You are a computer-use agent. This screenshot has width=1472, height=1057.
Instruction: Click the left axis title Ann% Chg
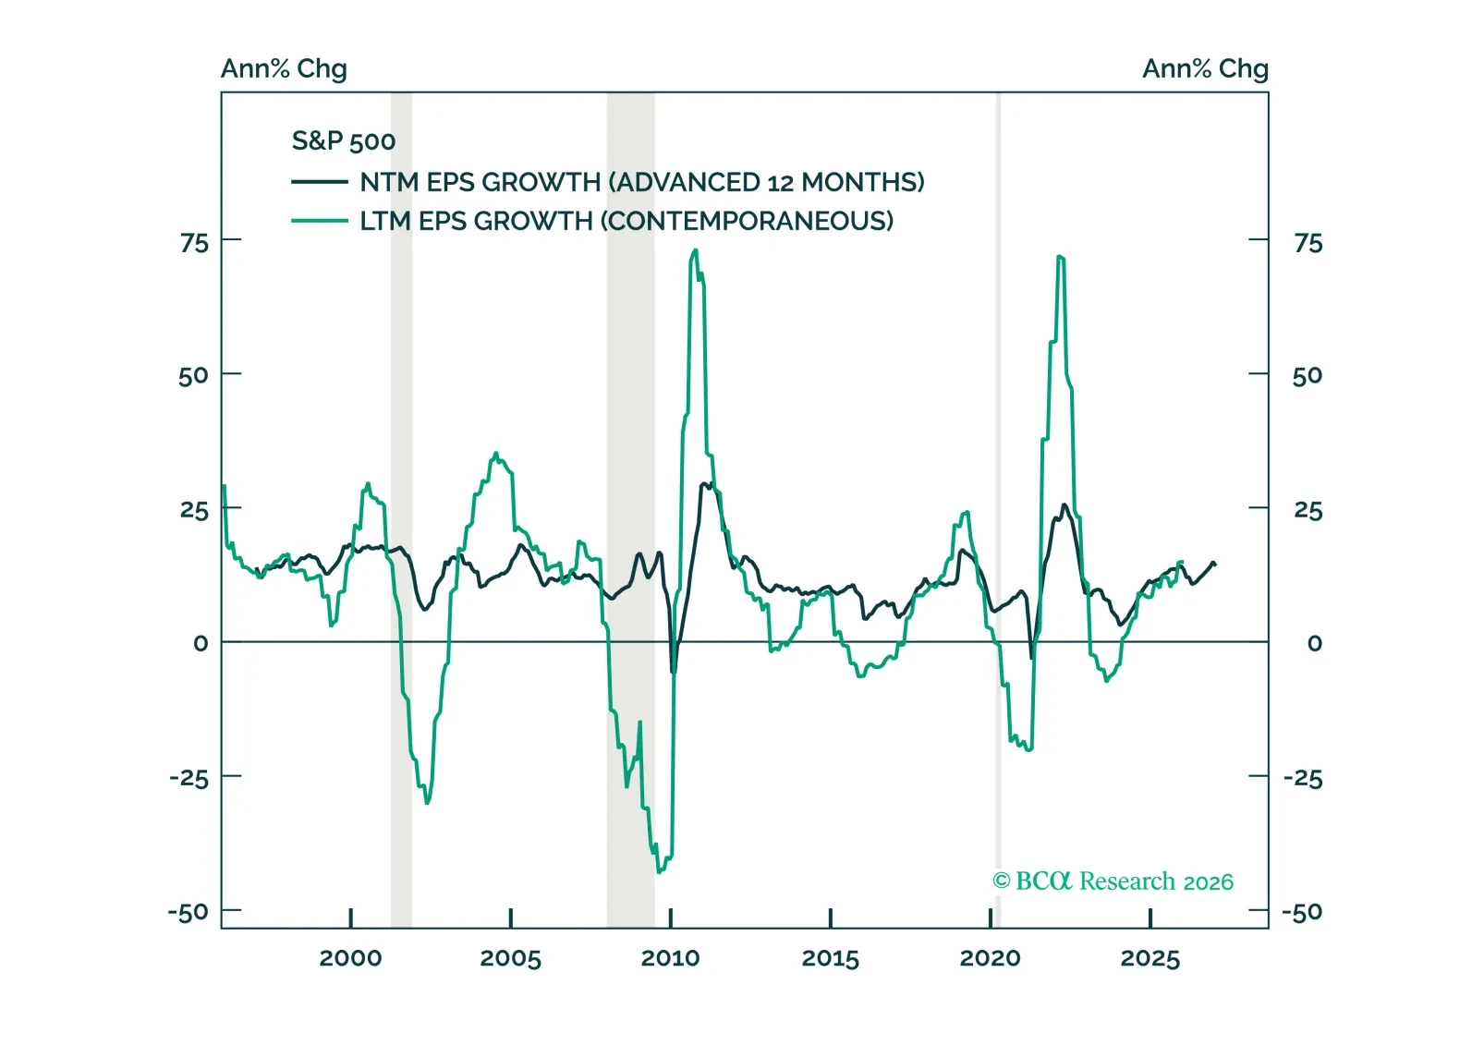click(284, 68)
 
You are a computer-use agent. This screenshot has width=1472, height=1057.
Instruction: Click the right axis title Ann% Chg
click(1205, 68)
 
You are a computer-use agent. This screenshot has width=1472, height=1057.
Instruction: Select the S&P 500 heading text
click(343, 140)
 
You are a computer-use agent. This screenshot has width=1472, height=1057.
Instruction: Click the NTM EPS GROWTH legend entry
click(641, 182)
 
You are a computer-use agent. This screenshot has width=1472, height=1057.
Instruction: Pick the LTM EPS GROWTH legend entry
click(627, 221)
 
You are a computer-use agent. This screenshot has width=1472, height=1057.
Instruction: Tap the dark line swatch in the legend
click(319, 182)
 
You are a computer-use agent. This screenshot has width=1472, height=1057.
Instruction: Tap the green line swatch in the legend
click(319, 221)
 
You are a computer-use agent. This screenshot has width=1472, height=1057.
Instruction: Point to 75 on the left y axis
click(194, 243)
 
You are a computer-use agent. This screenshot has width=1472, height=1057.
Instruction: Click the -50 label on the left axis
click(188, 912)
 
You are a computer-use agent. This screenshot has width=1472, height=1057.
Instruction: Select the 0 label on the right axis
click(1314, 643)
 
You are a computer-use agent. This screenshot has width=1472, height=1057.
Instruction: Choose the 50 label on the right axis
click(1307, 375)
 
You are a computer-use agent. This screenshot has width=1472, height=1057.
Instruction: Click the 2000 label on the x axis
click(350, 958)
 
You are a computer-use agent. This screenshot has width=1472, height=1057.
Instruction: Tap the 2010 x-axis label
click(670, 958)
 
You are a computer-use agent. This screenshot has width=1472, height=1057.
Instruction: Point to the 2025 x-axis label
click(1150, 958)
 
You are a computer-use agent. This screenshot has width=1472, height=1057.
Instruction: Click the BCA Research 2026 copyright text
click(1113, 881)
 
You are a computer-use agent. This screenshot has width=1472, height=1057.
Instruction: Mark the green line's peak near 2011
click(695, 250)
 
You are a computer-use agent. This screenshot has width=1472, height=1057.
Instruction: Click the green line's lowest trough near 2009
click(659, 871)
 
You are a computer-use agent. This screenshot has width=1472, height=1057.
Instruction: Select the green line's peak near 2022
click(1059, 256)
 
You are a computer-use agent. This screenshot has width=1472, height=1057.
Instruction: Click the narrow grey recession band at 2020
click(998, 508)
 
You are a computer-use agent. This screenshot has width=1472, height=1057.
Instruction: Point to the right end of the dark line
click(1214, 564)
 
